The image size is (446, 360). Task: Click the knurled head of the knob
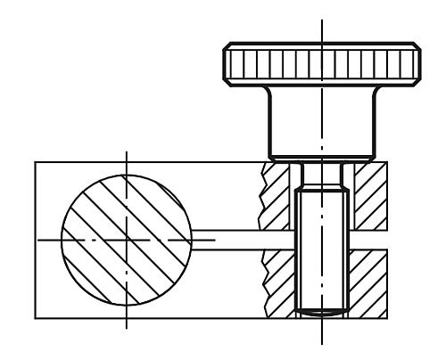pyautogui.click(x=320, y=62)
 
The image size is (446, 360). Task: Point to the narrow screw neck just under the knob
pyautogui.click(x=320, y=173)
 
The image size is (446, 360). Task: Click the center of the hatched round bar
pyautogui.click(x=126, y=239)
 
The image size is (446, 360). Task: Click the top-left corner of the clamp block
pyautogui.click(x=35, y=162)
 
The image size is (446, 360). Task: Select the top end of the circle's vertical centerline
pyautogui.click(x=126, y=151)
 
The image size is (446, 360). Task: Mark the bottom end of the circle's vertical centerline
pyautogui.click(x=126, y=328)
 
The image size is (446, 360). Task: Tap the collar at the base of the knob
pyautogui.click(x=320, y=158)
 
